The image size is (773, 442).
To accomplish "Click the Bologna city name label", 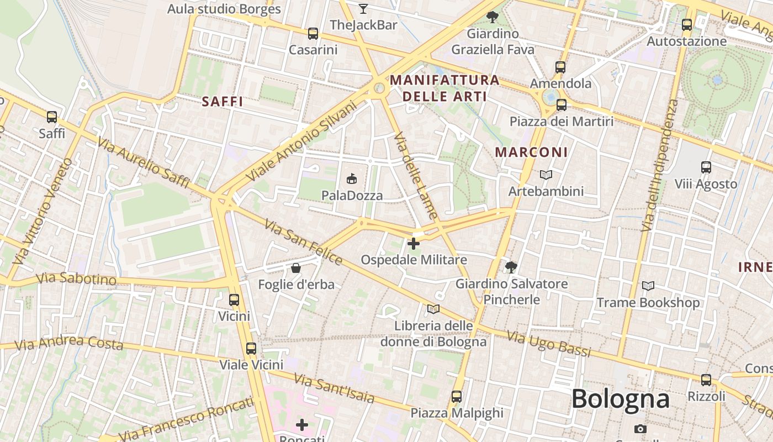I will [621, 399].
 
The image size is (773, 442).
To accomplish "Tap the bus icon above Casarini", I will [313, 34].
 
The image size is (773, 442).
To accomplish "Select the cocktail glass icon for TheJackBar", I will [363, 8].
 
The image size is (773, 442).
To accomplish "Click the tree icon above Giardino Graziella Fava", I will [493, 17].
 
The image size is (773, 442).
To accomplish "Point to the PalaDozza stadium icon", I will [352, 178].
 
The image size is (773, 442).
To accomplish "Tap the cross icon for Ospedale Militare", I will [414, 243].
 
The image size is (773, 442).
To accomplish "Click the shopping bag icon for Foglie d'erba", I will [296, 269].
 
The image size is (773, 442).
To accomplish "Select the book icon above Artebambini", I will [546, 175].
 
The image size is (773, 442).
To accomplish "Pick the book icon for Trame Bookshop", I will [648, 286].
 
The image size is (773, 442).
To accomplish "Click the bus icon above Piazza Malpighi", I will [457, 396].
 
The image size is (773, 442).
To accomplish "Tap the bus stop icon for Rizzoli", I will [706, 380].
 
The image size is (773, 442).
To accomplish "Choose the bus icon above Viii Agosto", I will [706, 167].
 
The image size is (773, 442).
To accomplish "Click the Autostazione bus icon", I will [687, 25].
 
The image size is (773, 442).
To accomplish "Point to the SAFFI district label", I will [223, 102].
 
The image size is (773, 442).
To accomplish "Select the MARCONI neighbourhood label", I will [531, 152].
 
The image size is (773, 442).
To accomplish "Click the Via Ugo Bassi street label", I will [548, 344].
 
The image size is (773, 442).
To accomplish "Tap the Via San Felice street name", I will [303, 241].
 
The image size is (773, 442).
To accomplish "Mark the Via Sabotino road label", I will [77, 278].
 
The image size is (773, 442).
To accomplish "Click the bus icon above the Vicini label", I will [234, 300].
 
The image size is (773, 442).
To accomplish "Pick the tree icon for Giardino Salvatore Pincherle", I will [511, 268].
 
